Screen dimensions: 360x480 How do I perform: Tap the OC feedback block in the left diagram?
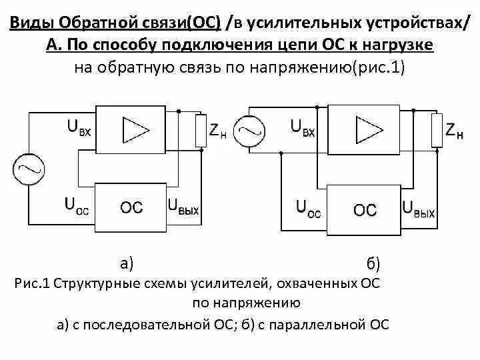coord(131,207)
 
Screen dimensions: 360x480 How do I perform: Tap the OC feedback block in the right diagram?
coord(365,210)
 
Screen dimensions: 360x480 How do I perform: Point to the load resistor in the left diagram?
coord(201,130)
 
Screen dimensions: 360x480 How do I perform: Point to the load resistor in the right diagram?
coord(437,130)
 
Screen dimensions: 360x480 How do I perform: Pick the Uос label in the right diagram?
coord(308,210)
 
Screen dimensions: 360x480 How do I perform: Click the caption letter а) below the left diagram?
coord(127,263)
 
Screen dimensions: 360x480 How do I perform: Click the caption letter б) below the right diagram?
coord(373,263)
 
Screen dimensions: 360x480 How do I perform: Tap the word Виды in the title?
coord(33,23)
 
